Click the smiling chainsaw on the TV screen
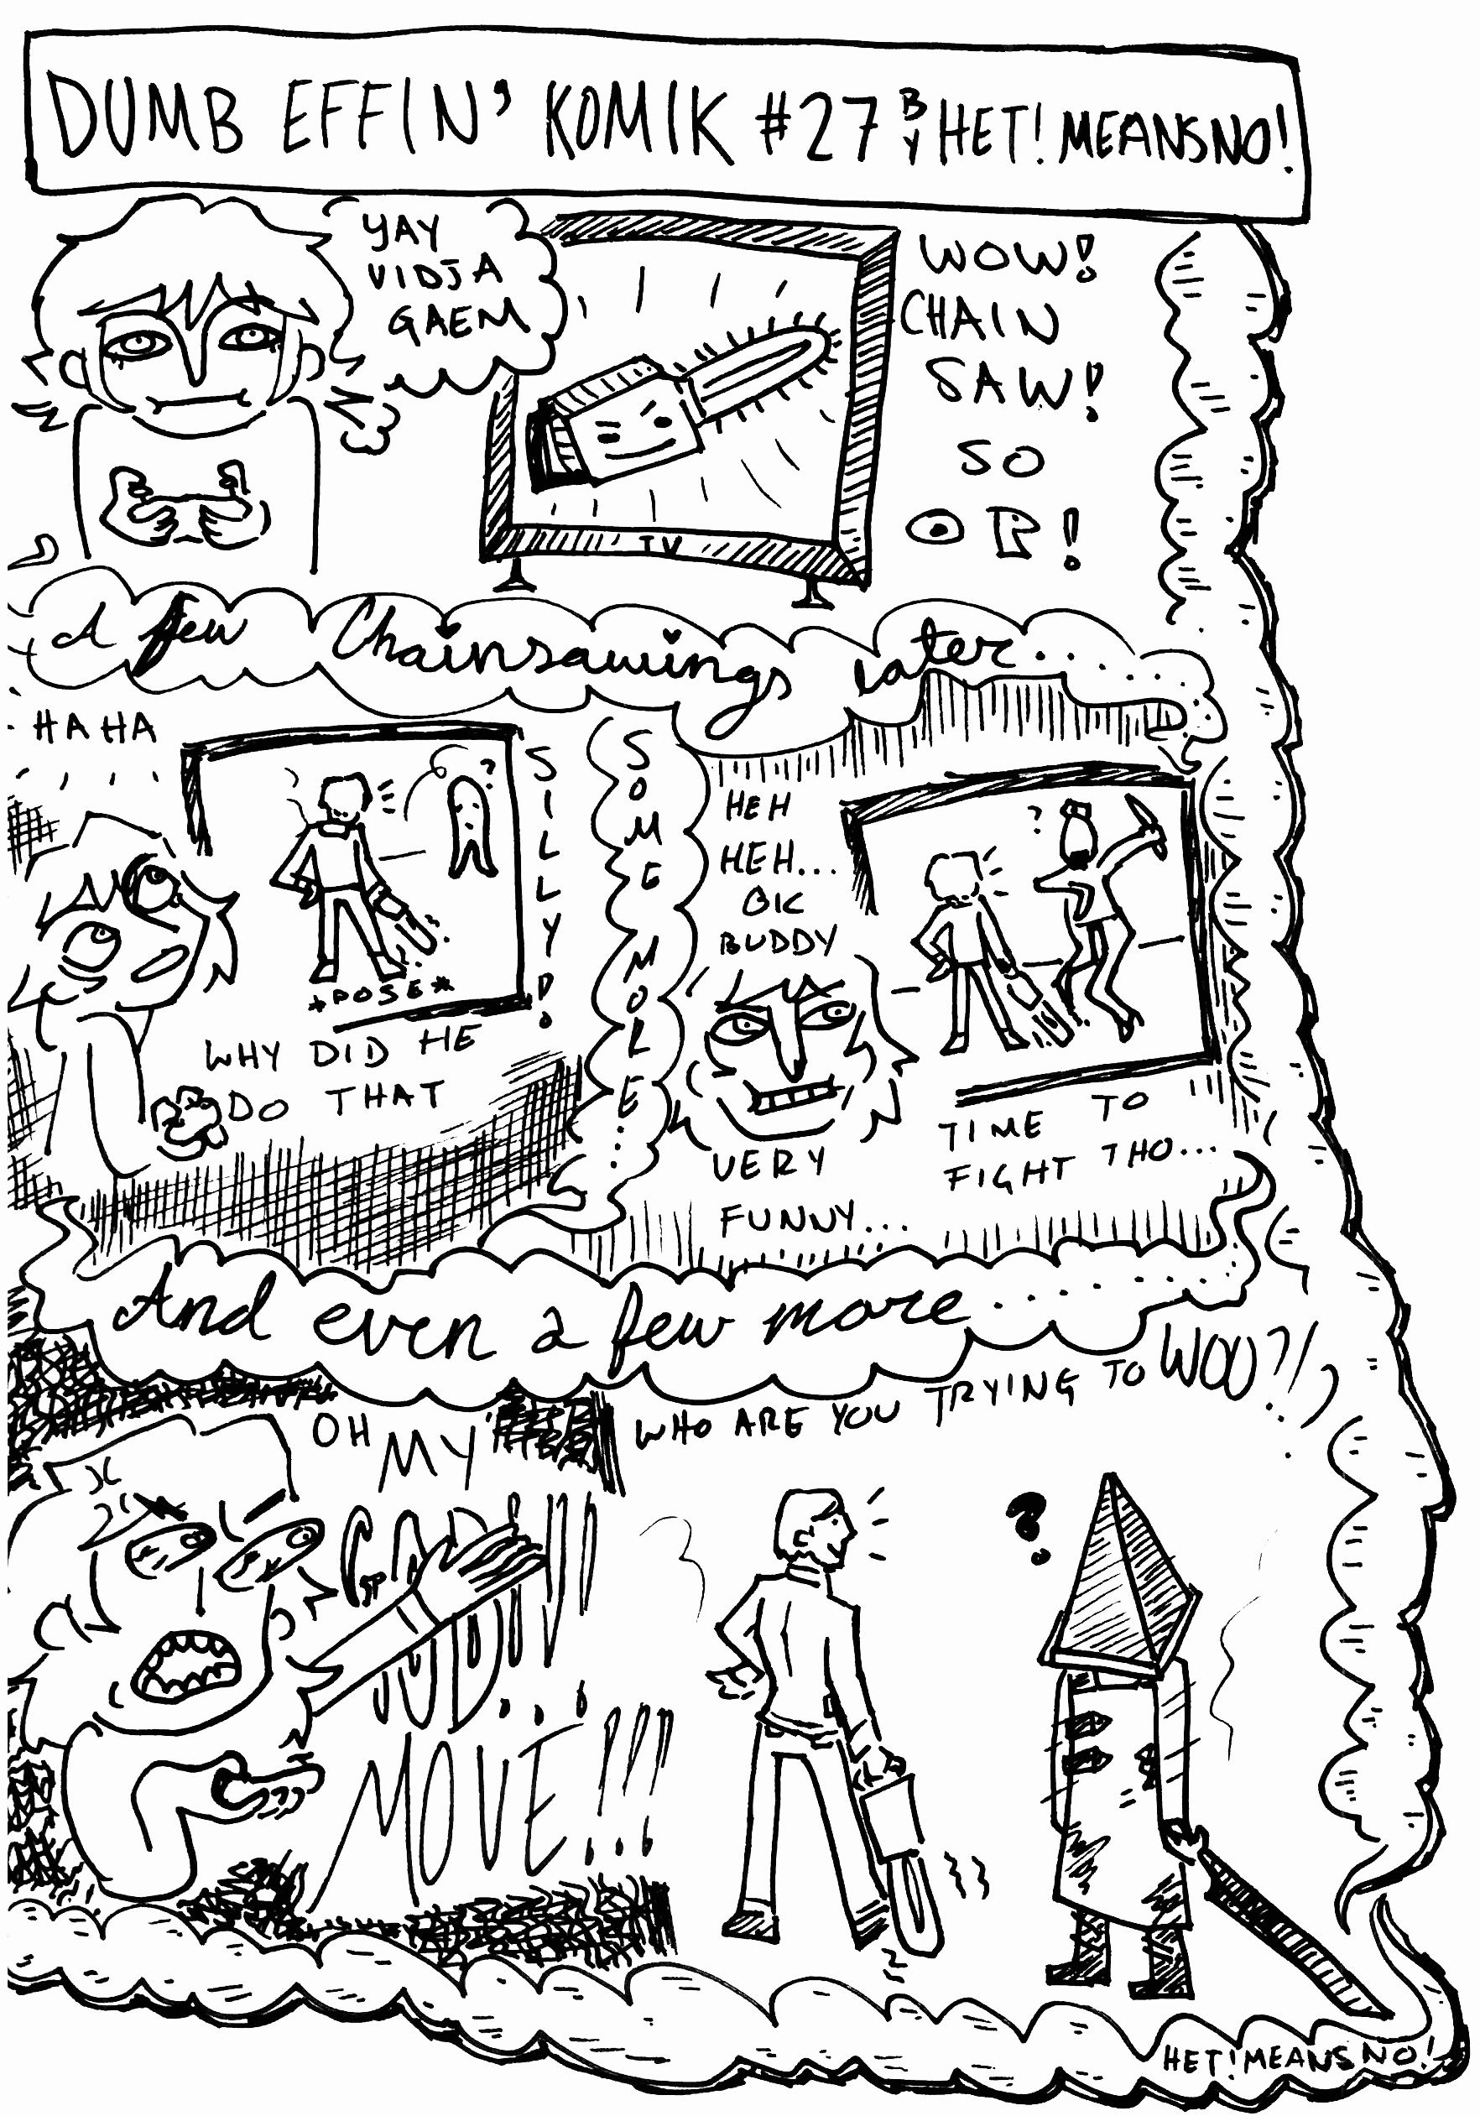click(x=682, y=401)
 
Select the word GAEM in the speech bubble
click(x=458, y=319)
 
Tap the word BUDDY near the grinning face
click(x=776, y=942)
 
